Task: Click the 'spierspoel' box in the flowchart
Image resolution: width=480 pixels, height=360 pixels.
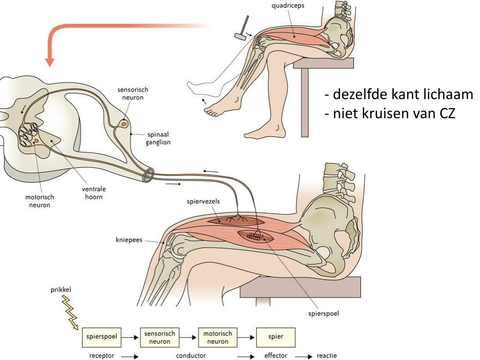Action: coord(102,337)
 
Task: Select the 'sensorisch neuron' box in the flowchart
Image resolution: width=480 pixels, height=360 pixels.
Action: coord(159,337)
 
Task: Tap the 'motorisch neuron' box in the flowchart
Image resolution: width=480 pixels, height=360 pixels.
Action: coord(217,337)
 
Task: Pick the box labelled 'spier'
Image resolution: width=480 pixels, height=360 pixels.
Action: coord(276,337)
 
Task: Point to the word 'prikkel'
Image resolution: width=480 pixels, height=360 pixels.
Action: coord(61,290)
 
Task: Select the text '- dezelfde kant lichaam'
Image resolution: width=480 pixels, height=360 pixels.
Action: coord(399,95)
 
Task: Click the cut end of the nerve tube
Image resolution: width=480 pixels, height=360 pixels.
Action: coord(148,175)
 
